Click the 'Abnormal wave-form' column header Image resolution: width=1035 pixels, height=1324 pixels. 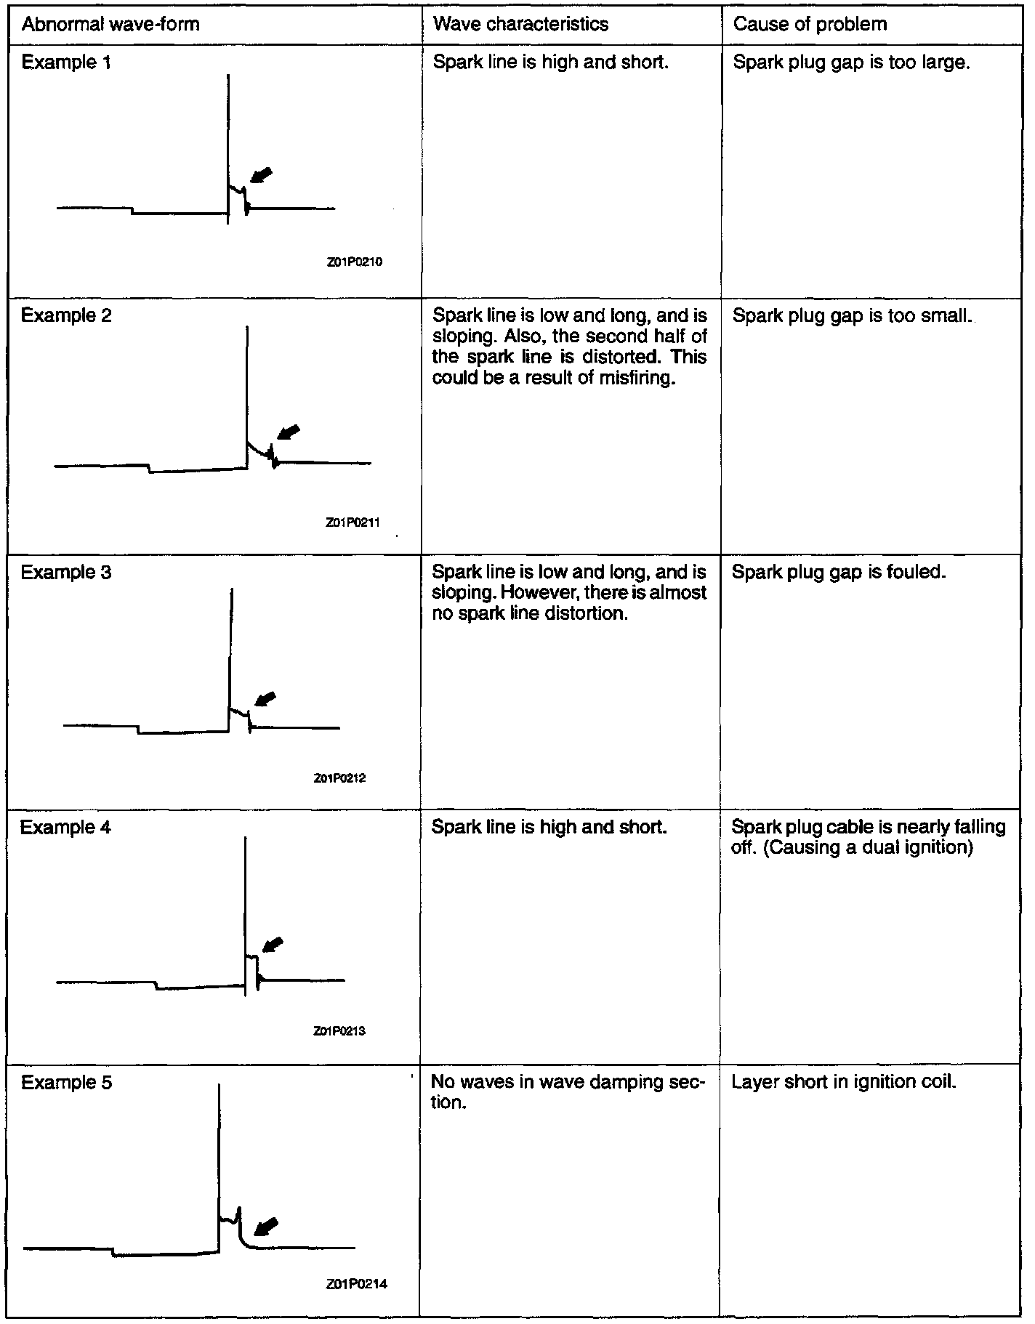(x=110, y=25)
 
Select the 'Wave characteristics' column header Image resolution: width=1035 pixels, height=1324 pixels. (x=520, y=25)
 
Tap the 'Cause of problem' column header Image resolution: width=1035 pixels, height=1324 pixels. (x=810, y=25)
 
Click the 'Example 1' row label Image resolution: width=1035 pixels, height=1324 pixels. (x=67, y=62)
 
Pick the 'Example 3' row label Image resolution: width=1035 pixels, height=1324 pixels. (x=66, y=573)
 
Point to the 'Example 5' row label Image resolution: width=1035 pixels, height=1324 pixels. (x=67, y=1083)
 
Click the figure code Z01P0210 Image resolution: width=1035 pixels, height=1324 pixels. (x=355, y=262)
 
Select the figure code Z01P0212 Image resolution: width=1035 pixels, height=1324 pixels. (x=339, y=778)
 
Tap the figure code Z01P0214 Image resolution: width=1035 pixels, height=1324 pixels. (x=357, y=1284)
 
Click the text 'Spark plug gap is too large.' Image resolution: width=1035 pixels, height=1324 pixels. (x=851, y=62)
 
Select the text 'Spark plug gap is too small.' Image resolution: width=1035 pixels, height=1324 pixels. (x=852, y=316)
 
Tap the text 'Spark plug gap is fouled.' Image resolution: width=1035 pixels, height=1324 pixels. (x=839, y=573)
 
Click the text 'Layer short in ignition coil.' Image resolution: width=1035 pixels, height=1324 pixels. (x=843, y=1082)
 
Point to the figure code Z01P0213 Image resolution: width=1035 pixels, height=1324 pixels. (x=339, y=1030)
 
